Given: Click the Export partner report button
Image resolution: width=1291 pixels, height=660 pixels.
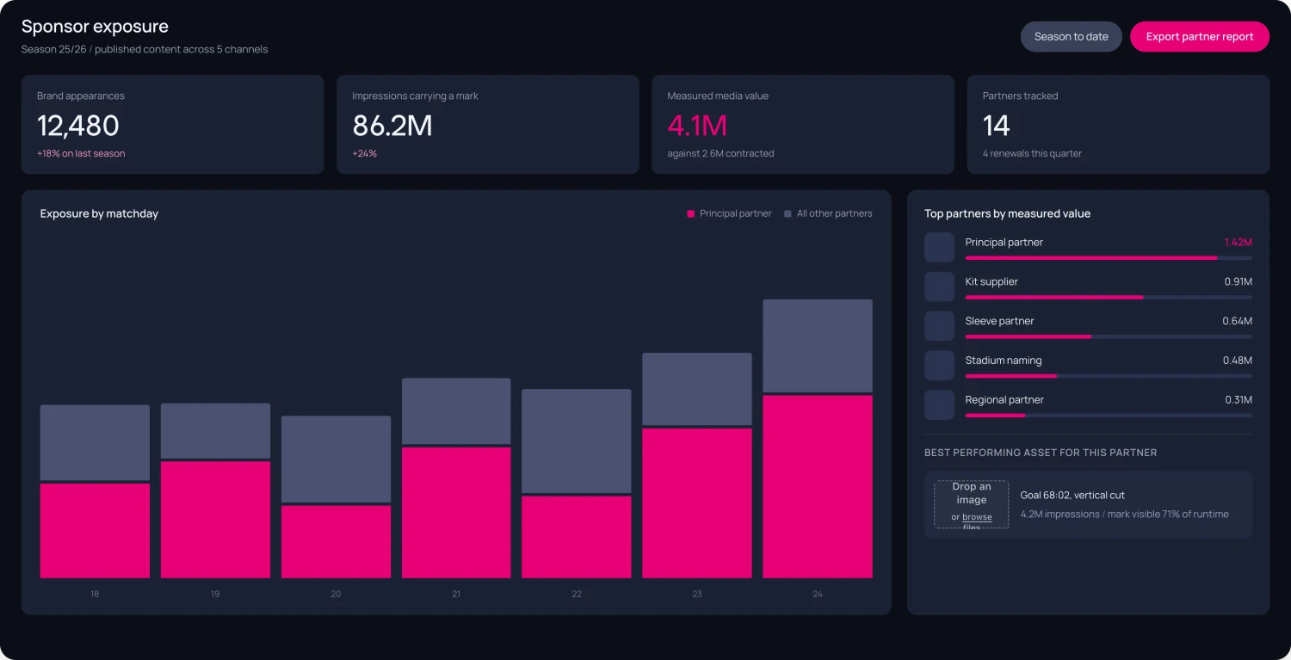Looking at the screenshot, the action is [1200, 36].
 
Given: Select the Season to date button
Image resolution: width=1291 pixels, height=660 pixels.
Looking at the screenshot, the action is [1071, 36].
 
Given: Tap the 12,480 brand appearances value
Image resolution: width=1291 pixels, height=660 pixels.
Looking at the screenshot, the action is [77, 125].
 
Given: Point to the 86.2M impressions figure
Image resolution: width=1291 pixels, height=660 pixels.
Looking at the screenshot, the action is [392, 125].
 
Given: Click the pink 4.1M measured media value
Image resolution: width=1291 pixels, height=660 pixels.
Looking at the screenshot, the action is [697, 125].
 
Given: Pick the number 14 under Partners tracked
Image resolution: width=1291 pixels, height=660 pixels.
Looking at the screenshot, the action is [996, 125].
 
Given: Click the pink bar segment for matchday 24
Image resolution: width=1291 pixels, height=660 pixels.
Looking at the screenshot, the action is [818, 486].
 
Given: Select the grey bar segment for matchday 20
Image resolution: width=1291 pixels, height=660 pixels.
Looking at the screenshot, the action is [336, 459].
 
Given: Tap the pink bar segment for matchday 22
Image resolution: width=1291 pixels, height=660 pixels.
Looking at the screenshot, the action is [577, 537].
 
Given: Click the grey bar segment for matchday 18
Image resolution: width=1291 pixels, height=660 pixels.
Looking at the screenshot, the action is [95, 442].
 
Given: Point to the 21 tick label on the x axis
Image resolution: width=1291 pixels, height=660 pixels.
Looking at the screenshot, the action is [456, 594].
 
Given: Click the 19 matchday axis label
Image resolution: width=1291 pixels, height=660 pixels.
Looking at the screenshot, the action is [215, 594].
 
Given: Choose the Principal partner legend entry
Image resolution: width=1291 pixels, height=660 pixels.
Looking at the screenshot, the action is [729, 213].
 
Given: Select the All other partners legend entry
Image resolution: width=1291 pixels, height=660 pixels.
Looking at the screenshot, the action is [828, 213].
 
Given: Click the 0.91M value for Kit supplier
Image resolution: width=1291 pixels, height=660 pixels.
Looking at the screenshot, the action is [1238, 281].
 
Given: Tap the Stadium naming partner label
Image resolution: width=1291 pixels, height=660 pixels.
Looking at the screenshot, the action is [1004, 361].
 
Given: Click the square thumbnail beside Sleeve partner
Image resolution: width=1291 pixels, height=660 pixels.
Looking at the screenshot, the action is [940, 325].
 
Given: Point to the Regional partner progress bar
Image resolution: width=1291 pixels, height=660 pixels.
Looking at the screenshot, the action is [1109, 415].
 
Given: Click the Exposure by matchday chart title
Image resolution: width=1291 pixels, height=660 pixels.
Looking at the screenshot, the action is [99, 213].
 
